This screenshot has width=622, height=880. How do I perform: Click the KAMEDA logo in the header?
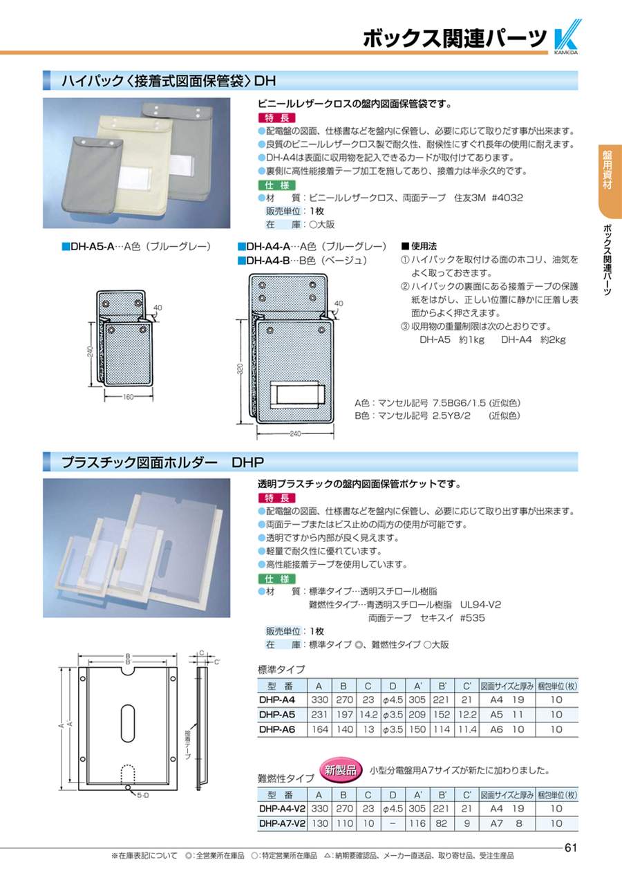tap(567, 37)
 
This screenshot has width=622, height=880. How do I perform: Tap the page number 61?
tap(570, 848)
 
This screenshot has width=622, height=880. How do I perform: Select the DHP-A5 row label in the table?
tap(277, 715)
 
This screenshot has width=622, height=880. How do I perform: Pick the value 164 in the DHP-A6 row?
tap(319, 729)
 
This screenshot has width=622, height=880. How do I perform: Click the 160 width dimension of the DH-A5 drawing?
tap(129, 397)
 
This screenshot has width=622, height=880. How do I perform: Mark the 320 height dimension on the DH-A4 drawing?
tap(241, 368)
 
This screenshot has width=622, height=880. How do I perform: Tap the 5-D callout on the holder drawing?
tap(143, 796)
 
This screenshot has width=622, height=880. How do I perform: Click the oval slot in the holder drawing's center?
tap(128, 722)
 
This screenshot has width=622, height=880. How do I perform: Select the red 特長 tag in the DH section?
tap(277, 118)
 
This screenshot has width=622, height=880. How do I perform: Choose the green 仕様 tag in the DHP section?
tap(277, 579)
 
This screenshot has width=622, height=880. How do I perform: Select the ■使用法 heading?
tap(419, 246)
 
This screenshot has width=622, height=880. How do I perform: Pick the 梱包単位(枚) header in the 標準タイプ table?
tap(557, 686)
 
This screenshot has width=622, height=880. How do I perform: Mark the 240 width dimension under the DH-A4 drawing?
tap(295, 433)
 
